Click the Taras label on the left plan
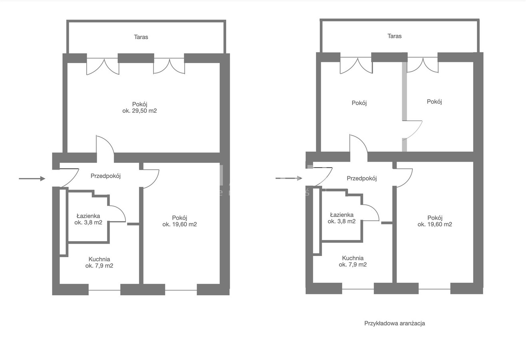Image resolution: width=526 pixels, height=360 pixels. pos(141,37)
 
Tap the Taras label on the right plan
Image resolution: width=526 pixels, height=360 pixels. pos(394,36)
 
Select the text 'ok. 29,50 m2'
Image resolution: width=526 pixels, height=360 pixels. pos(139,111)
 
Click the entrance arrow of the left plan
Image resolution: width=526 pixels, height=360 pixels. pos(32,178)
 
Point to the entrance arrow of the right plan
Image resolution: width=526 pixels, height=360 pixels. pos(289,178)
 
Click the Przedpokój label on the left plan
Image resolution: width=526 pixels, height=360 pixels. pos(106,176)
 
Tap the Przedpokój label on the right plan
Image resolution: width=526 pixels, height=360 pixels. pos(362,178)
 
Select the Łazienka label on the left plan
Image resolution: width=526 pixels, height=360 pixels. pos(88,216)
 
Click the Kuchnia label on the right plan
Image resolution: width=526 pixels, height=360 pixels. pos(353,258)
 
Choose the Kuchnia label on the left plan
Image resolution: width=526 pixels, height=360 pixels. pos(99,259)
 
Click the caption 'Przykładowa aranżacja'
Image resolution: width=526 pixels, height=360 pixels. pos(394,323)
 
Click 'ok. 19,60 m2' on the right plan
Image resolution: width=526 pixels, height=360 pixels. pos(434,224)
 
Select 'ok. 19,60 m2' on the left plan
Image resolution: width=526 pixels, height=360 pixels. pos(179,224)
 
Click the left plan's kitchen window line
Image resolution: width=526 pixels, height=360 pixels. pos(104,290)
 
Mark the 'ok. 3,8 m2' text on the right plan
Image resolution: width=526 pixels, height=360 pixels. pos(341,221)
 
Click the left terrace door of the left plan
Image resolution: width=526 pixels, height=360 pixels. pos(103,66)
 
